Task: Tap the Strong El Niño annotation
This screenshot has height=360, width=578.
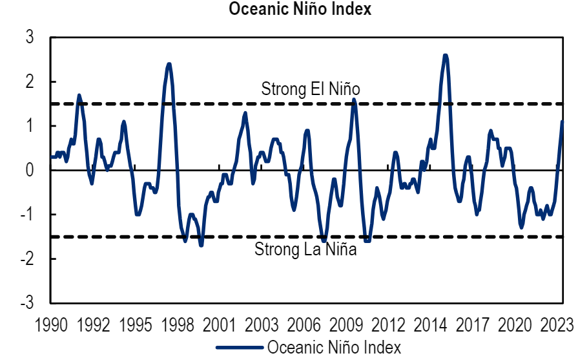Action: tap(310, 89)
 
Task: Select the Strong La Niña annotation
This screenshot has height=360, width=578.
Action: tap(305, 249)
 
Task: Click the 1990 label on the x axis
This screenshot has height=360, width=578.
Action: tap(52, 324)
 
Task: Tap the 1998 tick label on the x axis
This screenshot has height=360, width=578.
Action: tap(177, 324)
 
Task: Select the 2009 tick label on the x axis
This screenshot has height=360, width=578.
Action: tap(346, 324)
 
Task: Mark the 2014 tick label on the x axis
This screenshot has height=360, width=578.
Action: tap(430, 324)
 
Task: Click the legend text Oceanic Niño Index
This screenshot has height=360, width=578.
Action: tap(334, 347)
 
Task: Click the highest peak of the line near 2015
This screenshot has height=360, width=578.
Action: tap(445, 56)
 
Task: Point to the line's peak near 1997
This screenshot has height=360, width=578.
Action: tap(169, 64)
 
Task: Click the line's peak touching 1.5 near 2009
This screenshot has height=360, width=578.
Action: tap(353, 100)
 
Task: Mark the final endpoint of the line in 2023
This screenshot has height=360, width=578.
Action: tap(563, 122)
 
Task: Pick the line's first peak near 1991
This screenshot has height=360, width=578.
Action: tap(79, 95)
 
